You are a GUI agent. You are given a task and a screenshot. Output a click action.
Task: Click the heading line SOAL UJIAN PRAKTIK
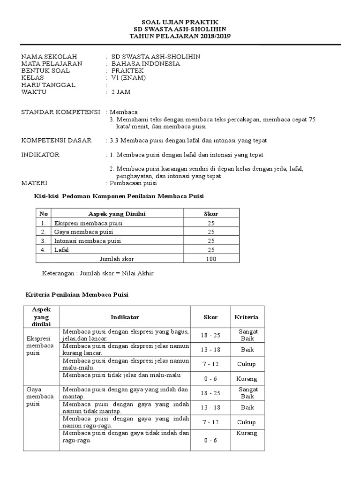click(x=180, y=22)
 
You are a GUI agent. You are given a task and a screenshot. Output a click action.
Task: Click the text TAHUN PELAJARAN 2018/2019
click(x=180, y=36)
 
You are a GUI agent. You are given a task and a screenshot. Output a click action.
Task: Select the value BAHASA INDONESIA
click(x=145, y=64)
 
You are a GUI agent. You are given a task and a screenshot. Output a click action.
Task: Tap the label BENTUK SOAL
click(x=46, y=71)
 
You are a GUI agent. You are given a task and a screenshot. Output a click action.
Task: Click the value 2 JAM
click(x=121, y=92)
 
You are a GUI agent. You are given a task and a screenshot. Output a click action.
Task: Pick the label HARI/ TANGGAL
click(x=49, y=85)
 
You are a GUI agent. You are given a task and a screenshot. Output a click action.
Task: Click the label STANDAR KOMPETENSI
click(x=61, y=112)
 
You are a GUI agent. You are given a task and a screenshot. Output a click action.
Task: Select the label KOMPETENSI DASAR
click(x=57, y=141)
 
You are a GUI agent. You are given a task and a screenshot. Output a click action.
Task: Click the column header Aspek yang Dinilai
click(x=117, y=214)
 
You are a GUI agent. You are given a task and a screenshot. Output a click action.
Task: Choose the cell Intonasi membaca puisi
click(x=88, y=241)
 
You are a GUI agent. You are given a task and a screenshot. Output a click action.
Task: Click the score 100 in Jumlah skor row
click(x=211, y=259)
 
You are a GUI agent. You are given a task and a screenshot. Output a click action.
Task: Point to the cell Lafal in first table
click(x=61, y=250)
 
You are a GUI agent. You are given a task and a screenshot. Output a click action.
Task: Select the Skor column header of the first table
click(x=211, y=214)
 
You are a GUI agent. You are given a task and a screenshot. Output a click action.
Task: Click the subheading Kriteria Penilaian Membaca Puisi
click(x=76, y=294)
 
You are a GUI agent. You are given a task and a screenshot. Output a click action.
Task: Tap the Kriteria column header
click(x=247, y=317)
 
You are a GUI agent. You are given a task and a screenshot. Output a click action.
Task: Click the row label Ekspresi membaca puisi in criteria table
click(x=40, y=345)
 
